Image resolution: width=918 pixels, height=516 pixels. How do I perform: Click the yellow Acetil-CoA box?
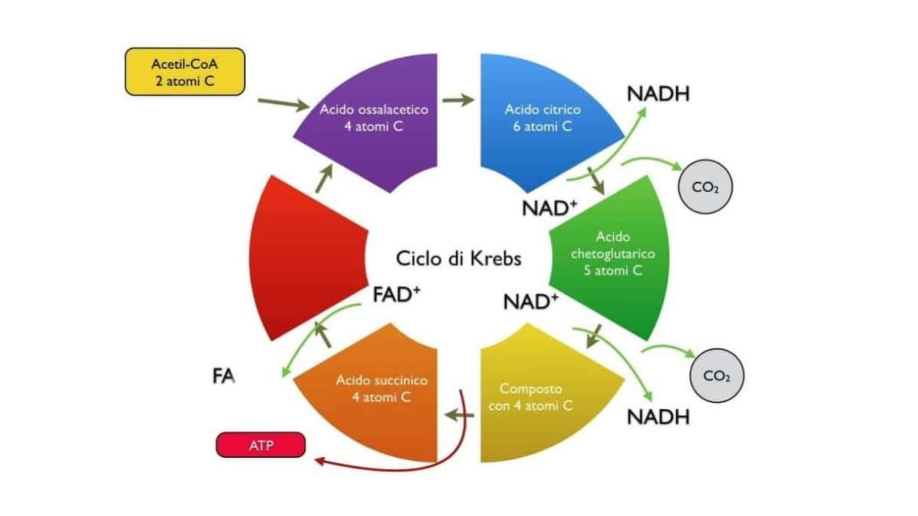point(185,72)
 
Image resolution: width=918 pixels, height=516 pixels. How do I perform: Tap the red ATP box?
point(260,445)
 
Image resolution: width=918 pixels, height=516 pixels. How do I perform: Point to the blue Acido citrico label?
point(542,118)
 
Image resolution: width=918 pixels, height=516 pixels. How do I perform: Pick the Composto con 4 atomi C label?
point(531,397)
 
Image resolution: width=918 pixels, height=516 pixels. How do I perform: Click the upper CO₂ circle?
point(705,188)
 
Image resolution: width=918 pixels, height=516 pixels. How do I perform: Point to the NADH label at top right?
point(658,95)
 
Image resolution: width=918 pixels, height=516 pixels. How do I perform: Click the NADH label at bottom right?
point(658,417)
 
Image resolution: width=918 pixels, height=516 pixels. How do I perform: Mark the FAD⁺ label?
point(397,294)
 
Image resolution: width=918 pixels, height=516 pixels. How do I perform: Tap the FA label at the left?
point(224,377)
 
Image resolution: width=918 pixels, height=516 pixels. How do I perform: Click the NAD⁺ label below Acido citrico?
point(549,207)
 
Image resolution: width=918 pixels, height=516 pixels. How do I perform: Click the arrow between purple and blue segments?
point(458,100)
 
